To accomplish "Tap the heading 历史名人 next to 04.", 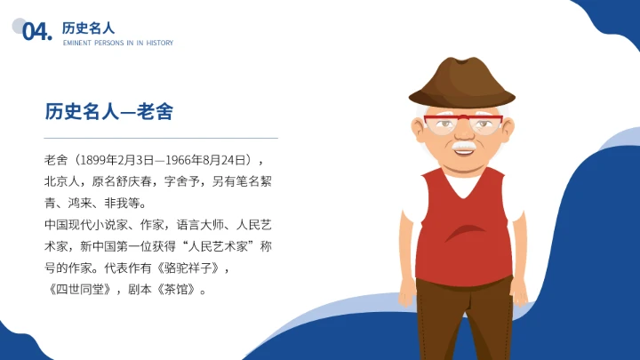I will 88,28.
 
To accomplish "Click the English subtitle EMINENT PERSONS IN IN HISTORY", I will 117,43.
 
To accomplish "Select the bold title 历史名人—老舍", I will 108,111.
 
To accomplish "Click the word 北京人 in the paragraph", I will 61,181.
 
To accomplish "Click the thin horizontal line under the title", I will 161,139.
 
